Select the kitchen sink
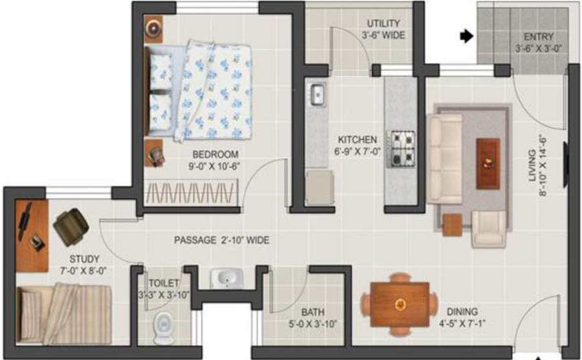pyautogui.click(x=318, y=94)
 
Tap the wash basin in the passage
pyautogui.click(x=226, y=279)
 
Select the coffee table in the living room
pyautogui.click(x=488, y=164)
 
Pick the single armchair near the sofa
pyautogui.click(x=488, y=229)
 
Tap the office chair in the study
pyautogui.click(x=71, y=224)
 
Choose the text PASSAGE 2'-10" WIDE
pyautogui.click(x=221, y=240)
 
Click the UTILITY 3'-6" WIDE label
pyautogui.click(x=383, y=30)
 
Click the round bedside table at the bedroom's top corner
pyautogui.click(x=155, y=28)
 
